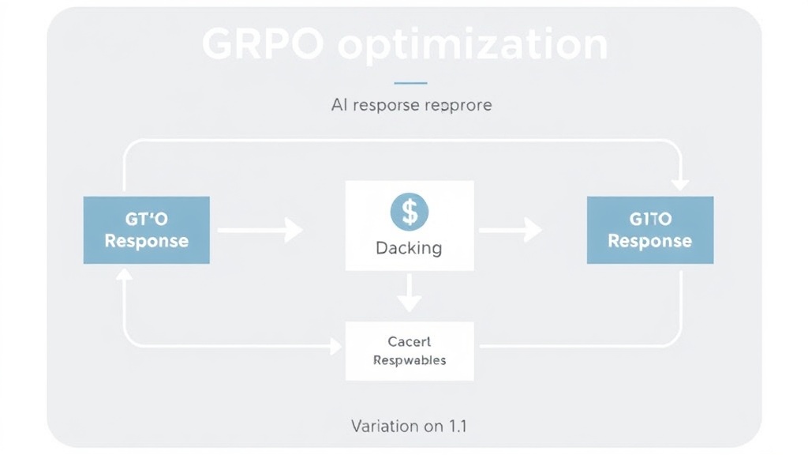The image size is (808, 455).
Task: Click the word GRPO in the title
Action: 263,45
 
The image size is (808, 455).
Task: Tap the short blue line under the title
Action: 410,82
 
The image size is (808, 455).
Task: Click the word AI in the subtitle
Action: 339,105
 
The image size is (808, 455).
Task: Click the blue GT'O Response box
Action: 147,230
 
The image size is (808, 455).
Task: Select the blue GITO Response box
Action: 649,230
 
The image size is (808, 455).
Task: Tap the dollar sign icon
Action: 410,212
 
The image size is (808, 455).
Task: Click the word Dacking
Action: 409,248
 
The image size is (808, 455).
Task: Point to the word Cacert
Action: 409,342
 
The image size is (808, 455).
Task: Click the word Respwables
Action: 409,360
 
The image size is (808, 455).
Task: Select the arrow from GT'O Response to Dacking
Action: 260,231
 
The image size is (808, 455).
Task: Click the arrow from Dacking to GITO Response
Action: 510,231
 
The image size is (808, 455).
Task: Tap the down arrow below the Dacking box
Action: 409,293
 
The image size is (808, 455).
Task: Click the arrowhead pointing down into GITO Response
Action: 679,183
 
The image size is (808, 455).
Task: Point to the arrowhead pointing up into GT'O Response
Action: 124,274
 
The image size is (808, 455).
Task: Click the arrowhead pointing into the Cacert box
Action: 335,346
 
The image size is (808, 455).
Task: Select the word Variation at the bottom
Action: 385,426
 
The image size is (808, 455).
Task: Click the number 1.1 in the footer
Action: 457,426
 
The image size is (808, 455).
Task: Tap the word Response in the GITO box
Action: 649,241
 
